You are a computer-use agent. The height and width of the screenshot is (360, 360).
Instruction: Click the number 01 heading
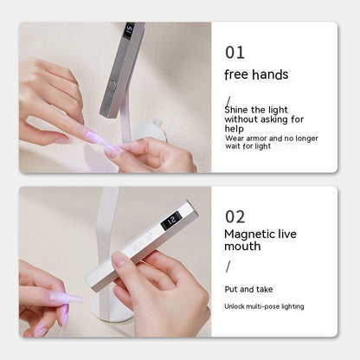tap(234, 53)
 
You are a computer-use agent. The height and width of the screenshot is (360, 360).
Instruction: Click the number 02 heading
tap(235, 216)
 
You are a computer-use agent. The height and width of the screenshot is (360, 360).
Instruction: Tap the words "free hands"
tap(256, 74)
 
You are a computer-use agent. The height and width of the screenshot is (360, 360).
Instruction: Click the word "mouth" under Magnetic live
tap(242, 247)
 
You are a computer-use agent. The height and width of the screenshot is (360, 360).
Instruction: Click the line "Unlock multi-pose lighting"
tap(264, 306)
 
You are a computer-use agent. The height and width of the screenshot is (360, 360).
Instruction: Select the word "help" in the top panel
tap(235, 129)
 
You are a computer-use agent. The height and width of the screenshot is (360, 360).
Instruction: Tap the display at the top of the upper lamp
tap(129, 31)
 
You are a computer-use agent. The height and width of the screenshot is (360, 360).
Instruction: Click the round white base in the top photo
tap(157, 130)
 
